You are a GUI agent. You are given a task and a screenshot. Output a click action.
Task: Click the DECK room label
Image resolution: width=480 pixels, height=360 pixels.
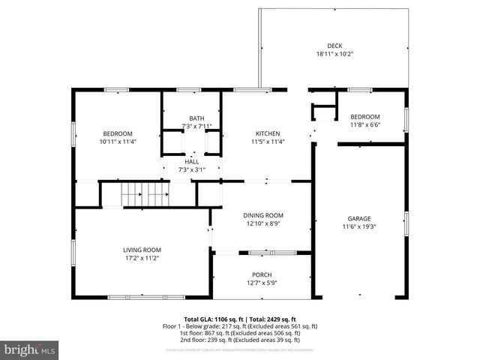334,46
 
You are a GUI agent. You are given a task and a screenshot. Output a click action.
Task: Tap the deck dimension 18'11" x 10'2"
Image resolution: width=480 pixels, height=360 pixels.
334,54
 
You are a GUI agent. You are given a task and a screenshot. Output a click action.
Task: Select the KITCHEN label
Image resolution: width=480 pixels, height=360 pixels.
267,133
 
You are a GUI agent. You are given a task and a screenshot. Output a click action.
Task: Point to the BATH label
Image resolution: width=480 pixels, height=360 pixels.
196,118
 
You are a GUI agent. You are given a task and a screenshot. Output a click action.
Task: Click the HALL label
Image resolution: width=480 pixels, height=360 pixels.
192,161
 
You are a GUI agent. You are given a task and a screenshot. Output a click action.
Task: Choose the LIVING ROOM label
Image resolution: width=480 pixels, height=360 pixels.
142,250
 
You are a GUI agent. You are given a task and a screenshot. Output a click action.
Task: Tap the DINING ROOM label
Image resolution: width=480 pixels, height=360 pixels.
262,215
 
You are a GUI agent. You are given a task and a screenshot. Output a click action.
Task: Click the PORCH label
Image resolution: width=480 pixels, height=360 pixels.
262,274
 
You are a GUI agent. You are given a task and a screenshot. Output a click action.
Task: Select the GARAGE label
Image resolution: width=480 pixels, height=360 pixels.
358,218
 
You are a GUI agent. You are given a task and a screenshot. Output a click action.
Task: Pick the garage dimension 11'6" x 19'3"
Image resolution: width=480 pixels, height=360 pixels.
358,226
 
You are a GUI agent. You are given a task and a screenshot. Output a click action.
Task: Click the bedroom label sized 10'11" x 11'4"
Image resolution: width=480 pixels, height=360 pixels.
118,133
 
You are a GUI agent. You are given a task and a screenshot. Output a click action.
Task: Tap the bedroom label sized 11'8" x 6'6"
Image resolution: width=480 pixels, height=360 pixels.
365,116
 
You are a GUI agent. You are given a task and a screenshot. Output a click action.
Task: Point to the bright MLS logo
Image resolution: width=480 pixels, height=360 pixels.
30,349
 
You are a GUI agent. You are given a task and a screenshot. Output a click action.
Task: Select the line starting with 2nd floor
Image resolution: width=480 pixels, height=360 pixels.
240,340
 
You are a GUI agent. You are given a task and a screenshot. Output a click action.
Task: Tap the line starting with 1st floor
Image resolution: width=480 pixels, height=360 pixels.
240,334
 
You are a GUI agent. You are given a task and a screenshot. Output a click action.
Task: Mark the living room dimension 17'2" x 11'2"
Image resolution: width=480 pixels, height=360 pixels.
142,258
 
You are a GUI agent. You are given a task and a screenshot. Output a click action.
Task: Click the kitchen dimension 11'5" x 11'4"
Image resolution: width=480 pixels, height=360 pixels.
267,141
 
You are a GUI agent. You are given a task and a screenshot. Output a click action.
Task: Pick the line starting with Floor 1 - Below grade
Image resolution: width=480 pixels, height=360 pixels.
240,326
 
